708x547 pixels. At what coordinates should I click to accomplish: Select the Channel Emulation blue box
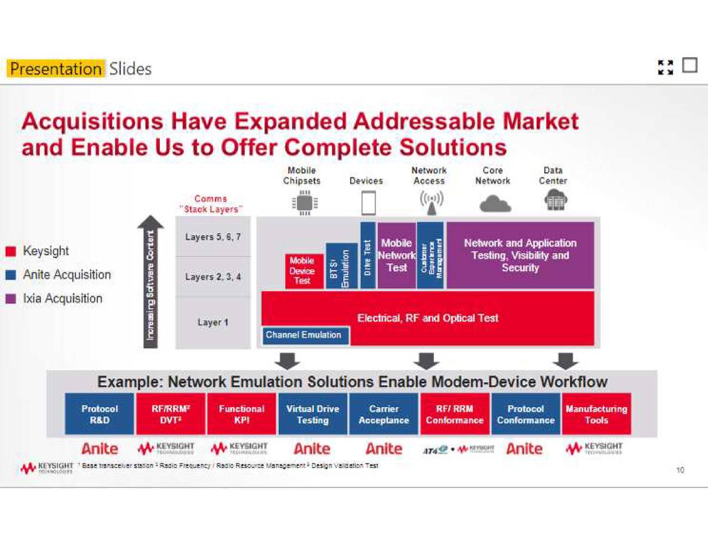click(305, 335)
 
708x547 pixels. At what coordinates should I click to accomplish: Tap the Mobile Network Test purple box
click(396, 255)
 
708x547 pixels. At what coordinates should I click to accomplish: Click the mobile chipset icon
click(304, 203)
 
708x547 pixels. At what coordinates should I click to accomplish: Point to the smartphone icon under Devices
click(368, 203)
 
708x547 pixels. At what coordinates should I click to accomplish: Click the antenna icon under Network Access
click(431, 203)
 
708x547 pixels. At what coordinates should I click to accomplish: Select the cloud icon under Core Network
click(494, 204)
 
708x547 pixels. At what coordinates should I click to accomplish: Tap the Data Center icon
click(555, 200)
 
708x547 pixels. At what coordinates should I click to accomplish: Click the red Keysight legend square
click(11, 252)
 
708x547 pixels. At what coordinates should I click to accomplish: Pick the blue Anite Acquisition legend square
click(11, 275)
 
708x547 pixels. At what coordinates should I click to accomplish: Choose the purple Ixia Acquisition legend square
click(11, 299)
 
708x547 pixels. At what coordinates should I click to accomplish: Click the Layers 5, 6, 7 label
click(213, 237)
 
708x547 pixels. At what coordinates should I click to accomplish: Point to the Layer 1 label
click(213, 322)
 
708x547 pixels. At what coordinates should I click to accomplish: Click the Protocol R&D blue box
click(100, 414)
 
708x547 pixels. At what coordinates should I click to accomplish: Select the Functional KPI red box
click(241, 414)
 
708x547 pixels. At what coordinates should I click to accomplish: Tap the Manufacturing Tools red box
click(596, 414)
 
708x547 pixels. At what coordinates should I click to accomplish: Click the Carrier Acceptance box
click(384, 414)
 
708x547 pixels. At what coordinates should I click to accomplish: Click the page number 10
click(680, 470)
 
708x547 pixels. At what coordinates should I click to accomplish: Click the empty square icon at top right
click(689, 66)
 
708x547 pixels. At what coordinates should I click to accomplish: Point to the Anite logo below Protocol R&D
click(100, 449)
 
